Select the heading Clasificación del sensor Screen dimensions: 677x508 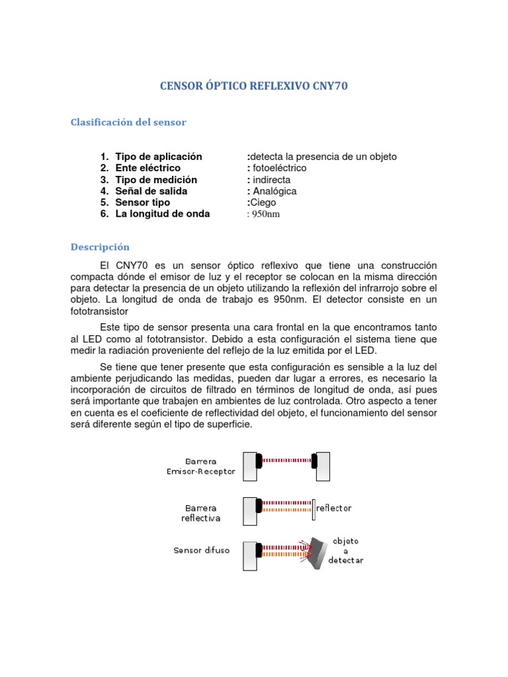point(128,122)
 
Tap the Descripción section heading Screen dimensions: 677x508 point(100,247)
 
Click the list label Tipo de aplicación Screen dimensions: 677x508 point(158,157)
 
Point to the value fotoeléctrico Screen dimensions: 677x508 point(280,168)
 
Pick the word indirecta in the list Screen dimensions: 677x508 point(272,180)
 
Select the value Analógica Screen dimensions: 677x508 point(275,191)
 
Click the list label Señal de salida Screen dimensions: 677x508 point(151,191)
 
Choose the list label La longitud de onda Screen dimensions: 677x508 point(162,214)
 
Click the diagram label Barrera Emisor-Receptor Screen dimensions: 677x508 point(200,466)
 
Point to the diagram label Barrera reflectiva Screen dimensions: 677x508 point(200,513)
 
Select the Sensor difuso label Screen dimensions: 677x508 point(202,550)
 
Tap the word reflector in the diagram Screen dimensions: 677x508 point(334,508)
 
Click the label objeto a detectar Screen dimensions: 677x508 point(345,551)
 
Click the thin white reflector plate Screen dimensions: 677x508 point(314,508)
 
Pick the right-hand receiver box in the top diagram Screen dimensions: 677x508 point(323,467)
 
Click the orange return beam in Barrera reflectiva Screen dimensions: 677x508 point(286,511)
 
